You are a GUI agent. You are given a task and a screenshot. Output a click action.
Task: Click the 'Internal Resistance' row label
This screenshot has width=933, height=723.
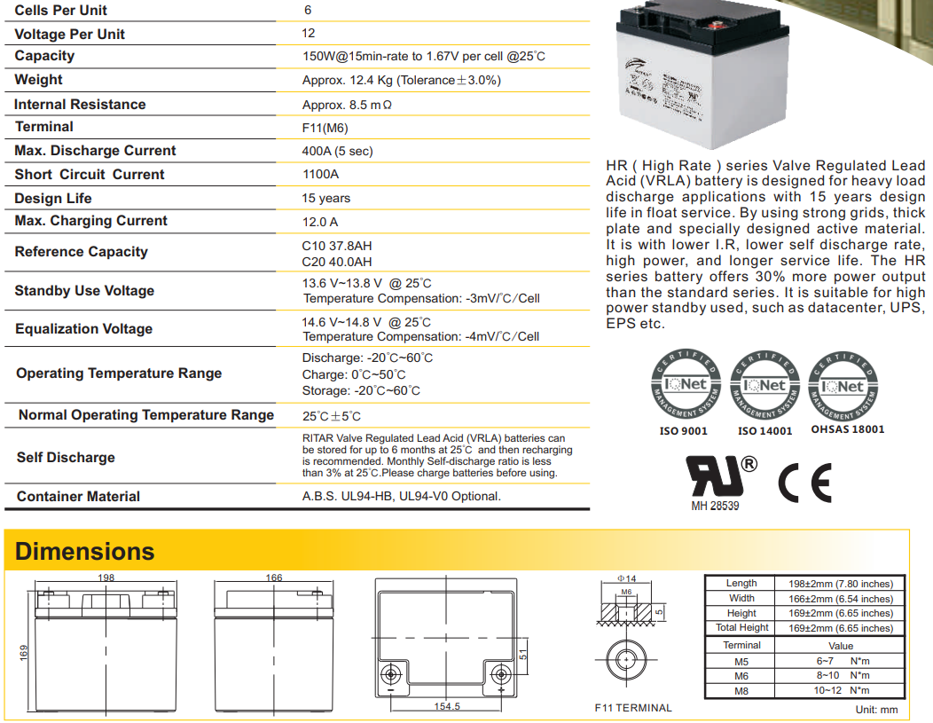click(80, 105)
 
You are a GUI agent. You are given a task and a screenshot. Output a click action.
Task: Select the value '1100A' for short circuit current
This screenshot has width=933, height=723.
click(320, 175)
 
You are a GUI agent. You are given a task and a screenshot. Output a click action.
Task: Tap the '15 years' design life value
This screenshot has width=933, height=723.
click(325, 199)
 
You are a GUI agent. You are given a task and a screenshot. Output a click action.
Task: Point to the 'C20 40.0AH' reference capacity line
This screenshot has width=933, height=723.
click(337, 262)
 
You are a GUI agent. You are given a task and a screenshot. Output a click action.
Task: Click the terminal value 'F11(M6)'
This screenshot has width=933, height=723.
click(325, 128)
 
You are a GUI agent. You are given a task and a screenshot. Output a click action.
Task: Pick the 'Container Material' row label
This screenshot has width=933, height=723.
click(78, 497)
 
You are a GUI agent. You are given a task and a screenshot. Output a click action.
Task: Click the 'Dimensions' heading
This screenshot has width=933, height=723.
click(85, 552)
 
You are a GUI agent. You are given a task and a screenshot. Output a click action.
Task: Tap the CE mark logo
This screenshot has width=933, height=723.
click(804, 483)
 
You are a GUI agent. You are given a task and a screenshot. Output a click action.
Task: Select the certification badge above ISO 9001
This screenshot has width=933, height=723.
click(684, 386)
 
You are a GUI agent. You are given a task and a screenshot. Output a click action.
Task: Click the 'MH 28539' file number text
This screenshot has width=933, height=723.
click(715, 506)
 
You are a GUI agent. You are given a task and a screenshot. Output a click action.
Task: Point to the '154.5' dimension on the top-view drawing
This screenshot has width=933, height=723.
click(447, 707)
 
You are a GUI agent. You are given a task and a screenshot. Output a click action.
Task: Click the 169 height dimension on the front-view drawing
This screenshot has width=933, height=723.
click(24, 652)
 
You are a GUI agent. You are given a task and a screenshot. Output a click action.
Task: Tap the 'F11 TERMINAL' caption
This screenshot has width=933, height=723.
click(633, 708)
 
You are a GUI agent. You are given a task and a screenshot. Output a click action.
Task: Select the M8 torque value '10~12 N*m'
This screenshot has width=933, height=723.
click(841, 690)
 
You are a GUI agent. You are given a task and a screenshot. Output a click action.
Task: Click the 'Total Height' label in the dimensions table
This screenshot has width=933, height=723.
click(741, 628)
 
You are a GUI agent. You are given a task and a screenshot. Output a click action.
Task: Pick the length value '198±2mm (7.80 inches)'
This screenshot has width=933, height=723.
click(840, 584)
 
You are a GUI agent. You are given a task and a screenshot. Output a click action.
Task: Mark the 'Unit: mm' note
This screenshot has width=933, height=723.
click(876, 710)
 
